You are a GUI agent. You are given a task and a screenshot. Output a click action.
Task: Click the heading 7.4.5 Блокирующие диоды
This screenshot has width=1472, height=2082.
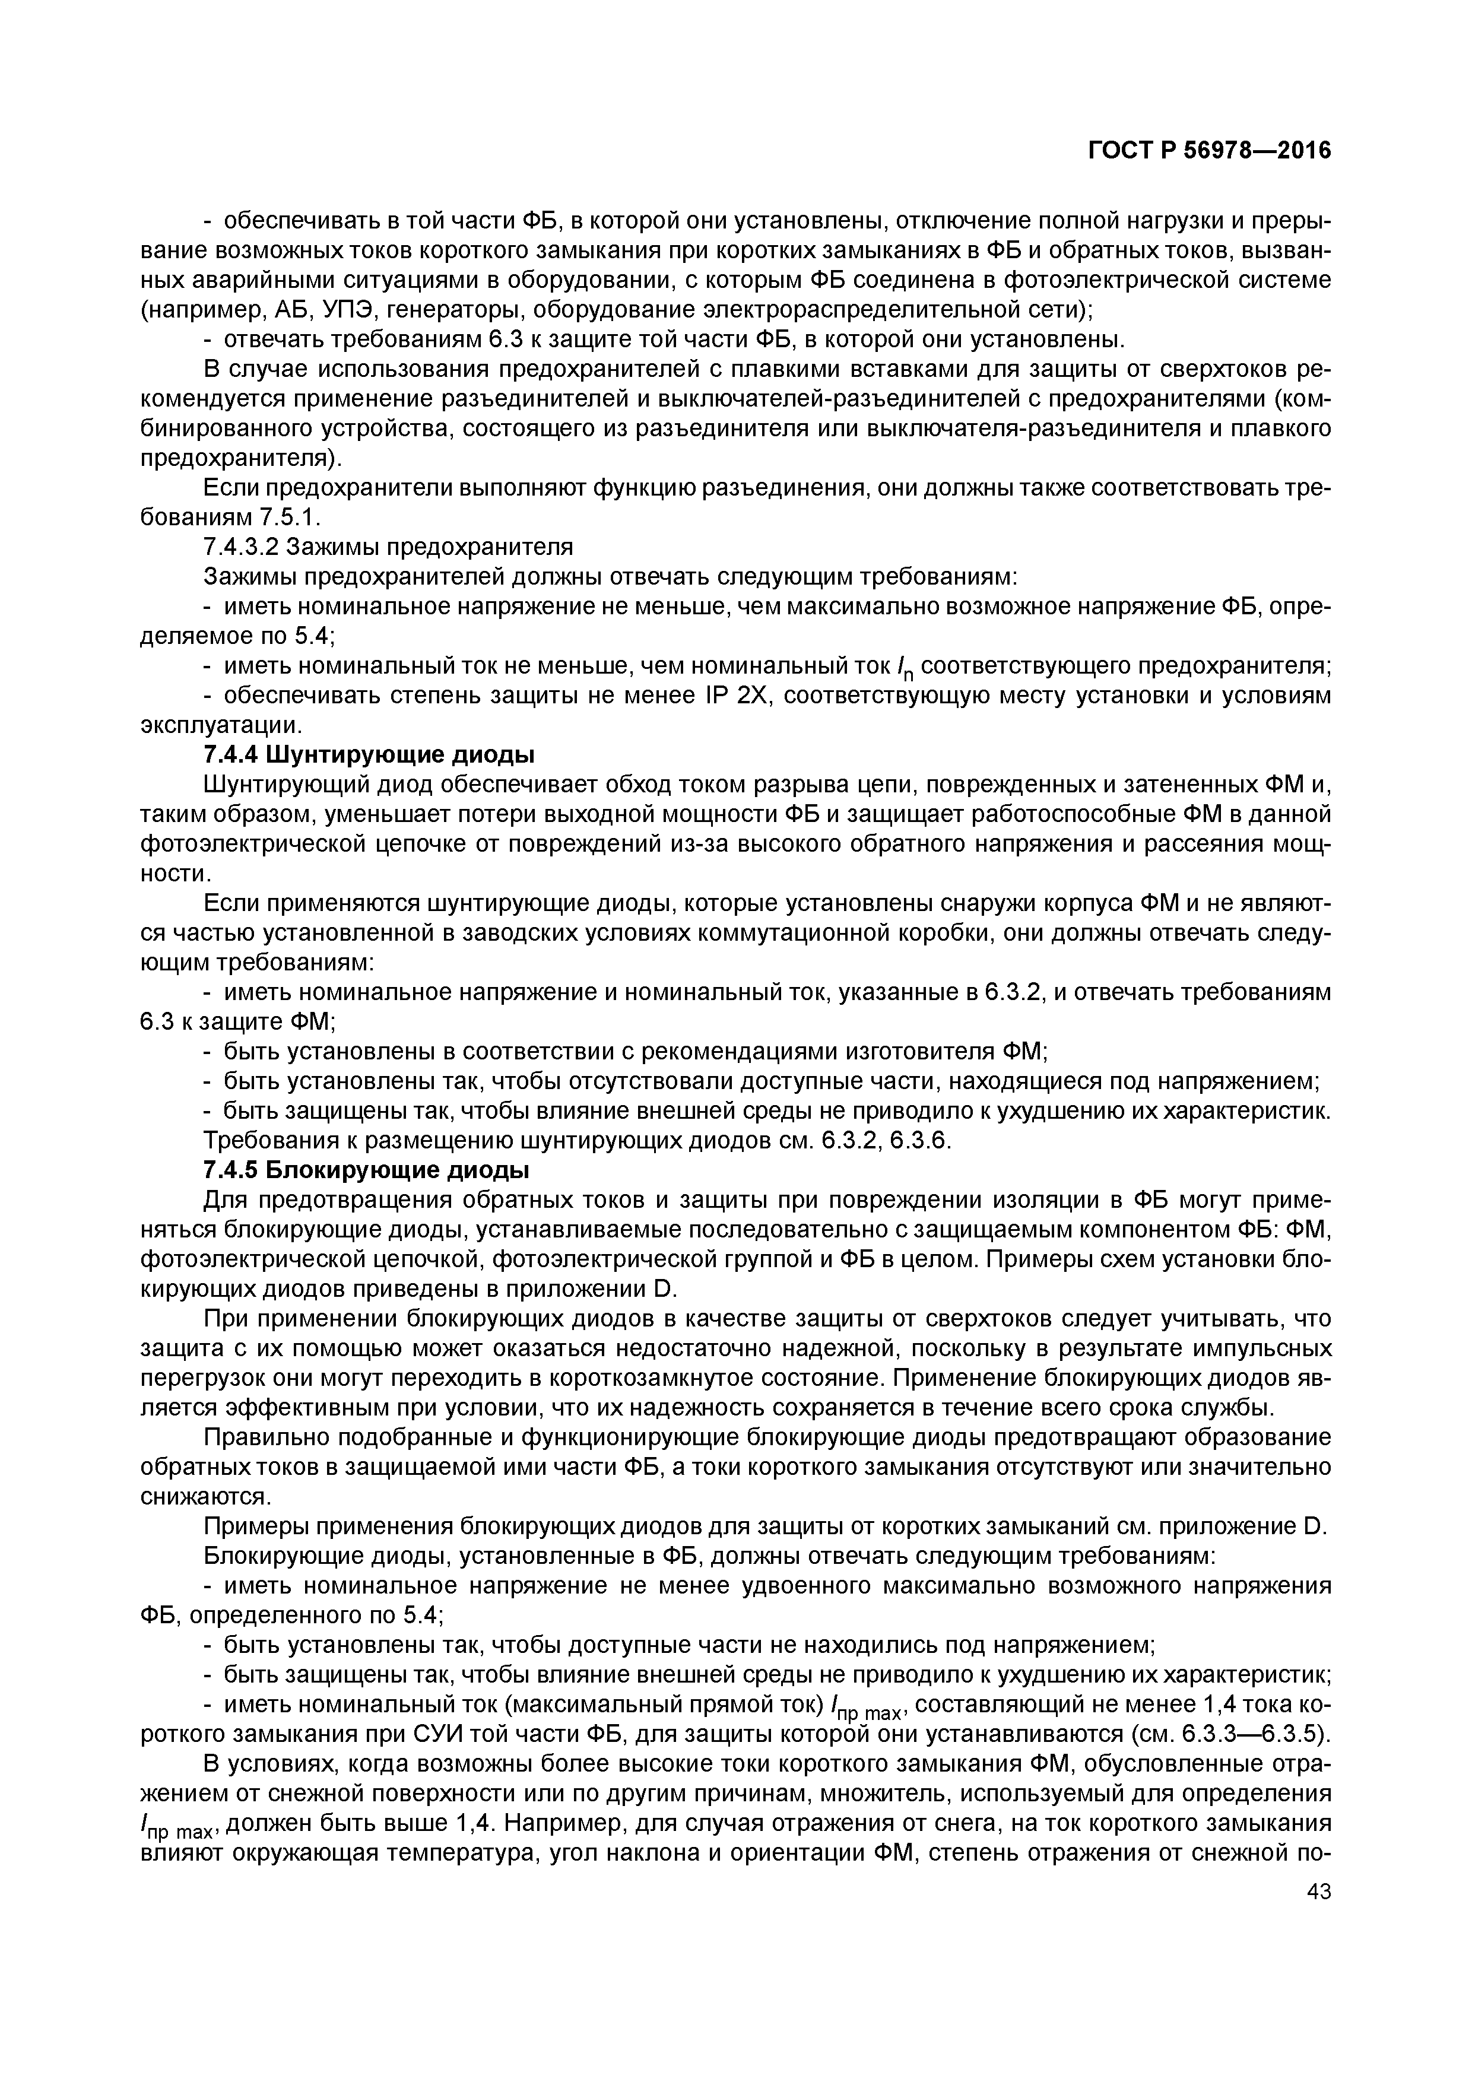pos(367,1170)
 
